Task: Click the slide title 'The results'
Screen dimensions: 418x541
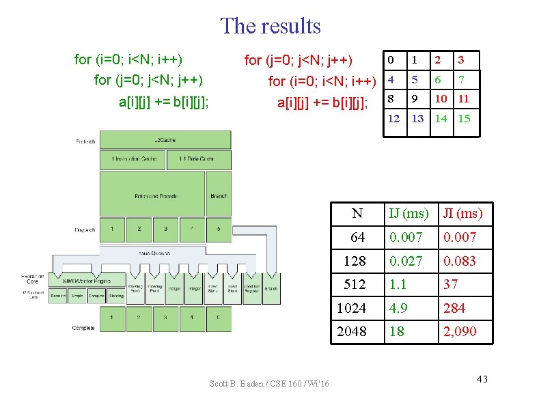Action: (270, 26)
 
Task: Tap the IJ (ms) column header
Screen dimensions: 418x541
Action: (409, 214)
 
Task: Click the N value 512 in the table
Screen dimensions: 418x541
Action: (355, 285)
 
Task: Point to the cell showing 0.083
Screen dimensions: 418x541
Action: (459, 261)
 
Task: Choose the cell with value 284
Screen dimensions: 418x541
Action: (454, 309)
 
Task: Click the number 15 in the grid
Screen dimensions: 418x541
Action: (464, 118)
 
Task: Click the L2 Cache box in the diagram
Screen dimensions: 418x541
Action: (165, 140)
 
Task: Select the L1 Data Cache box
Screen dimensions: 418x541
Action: (198, 159)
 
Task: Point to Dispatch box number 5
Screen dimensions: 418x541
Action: (218, 229)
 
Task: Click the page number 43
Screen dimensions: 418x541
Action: (482, 380)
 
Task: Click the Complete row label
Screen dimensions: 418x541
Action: (84, 329)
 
